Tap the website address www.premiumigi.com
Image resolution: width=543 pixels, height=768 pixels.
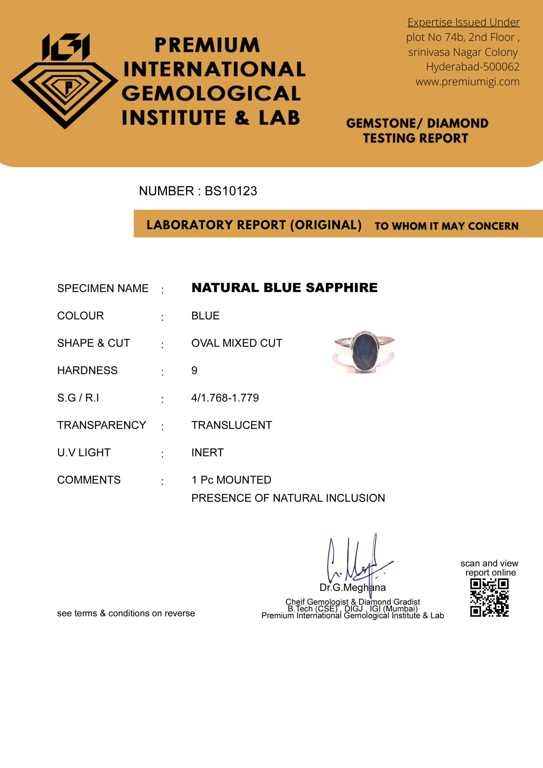467,82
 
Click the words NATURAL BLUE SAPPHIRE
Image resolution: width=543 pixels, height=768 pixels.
284,288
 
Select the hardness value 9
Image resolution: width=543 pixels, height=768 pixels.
194,370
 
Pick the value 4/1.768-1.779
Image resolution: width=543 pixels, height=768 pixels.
225,398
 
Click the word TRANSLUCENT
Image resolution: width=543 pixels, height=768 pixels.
232,425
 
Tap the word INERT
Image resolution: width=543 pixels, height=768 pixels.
207,453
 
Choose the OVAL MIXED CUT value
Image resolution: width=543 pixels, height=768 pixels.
236,343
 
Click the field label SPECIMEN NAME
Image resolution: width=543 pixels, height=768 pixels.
103,288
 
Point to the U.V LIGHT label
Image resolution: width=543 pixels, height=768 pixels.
84,453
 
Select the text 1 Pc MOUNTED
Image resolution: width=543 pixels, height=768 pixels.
231,480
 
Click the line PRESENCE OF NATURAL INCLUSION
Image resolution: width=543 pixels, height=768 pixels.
288,498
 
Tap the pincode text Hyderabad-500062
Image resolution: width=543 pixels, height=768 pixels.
472,67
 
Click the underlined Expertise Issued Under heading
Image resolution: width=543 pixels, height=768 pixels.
463,22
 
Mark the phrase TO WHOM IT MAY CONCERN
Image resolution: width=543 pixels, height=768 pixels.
446,226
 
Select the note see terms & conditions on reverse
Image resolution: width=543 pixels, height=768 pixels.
126,613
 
